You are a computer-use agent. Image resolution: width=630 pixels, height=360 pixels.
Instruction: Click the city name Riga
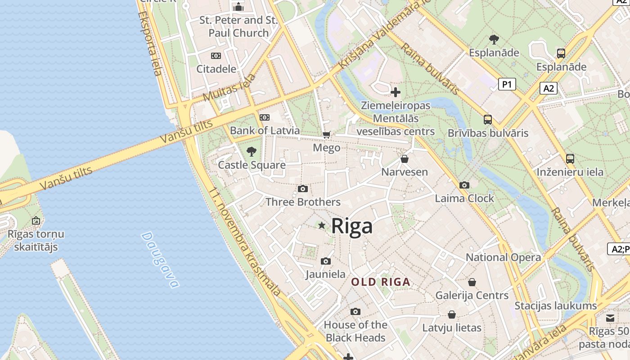tap(352, 226)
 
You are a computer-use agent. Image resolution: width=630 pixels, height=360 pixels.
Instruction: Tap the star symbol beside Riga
tap(322, 225)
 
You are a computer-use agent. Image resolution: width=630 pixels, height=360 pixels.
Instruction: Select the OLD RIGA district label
tap(381, 282)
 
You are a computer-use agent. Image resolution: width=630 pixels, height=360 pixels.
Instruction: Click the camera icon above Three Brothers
tap(303, 189)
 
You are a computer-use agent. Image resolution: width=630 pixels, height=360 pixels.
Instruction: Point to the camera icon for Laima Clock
tap(464, 185)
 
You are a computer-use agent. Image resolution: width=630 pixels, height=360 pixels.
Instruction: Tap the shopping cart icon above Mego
tap(327, 135)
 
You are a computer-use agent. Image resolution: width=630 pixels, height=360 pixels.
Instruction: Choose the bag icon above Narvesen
tap(405, 159)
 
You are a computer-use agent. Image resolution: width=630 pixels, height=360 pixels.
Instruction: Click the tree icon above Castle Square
tap(252, 152)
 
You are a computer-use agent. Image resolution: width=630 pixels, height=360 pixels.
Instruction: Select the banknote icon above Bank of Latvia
tap(265, 117)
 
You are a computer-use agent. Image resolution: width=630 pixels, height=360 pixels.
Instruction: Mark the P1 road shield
tap(507, 84)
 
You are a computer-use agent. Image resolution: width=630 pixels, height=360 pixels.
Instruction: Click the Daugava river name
tap(160, 260)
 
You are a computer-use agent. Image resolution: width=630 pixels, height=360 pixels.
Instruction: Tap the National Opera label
tap(503, 257)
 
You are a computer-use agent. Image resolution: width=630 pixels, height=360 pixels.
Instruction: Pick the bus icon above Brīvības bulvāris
tap(488, 120)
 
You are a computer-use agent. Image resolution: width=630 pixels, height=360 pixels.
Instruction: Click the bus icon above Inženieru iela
tap(570, 159)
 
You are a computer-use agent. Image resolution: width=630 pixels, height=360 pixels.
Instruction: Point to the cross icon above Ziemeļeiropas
tap(396, 92)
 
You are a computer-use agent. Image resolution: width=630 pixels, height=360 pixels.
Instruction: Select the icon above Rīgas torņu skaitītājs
tap(36, 220)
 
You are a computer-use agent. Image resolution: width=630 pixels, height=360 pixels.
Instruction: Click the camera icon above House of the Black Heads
tap(355, 311)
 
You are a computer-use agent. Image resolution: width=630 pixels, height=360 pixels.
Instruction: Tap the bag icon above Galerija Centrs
tap(472, 282)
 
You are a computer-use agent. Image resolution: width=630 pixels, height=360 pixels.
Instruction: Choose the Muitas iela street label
tap(229, 87)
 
